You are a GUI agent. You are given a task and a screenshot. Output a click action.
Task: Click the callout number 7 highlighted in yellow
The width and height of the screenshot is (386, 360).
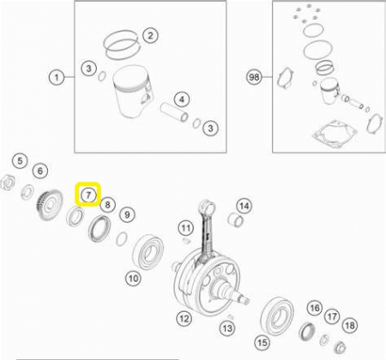[x=88, y=195]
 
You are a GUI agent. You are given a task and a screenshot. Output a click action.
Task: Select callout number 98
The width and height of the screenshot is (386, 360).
[x=254, y=77]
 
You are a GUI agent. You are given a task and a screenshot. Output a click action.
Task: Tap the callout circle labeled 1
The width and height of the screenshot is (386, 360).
[x=57, y=77]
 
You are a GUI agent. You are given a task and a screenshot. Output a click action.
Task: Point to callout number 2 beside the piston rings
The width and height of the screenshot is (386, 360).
[x=150, y=35]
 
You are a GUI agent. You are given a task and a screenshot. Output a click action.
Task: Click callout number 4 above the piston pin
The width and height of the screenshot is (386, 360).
[x=182, y=99]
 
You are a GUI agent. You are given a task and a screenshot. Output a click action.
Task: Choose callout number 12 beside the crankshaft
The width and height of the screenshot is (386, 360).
[x=184, y=318]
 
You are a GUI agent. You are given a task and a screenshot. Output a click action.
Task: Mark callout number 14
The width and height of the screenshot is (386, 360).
[x=244, y=206]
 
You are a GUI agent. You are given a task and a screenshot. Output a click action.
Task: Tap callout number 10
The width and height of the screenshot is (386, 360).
[x=133, y=278]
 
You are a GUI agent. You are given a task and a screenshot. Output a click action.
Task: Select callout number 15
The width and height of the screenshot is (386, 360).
[x=262, y=342]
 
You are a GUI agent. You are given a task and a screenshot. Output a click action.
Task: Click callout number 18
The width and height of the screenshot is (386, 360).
[x=350, y=325]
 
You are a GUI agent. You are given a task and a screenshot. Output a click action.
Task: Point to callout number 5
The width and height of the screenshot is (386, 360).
[x=20, y=160]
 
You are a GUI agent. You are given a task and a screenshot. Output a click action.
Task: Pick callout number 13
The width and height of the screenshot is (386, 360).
[x=227, y=328]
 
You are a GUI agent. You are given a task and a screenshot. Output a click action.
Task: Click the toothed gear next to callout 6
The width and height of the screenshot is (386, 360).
[x=49, y=205]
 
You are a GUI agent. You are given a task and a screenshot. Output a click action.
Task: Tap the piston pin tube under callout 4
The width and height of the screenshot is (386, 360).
[x=174, y=112]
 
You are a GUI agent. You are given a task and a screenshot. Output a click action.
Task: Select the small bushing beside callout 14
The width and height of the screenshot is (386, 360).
[x=236, y=219]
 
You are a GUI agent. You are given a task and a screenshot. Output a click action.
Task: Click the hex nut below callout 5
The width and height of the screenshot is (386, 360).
[x=7, y=183]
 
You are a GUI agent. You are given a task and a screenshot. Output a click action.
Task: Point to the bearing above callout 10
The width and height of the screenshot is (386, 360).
[x=148, y=252]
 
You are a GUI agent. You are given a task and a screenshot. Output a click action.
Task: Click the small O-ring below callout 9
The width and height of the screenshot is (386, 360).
[x=122, y=238]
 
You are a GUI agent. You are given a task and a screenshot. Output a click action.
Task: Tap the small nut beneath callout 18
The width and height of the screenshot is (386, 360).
[x=340, y=347]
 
